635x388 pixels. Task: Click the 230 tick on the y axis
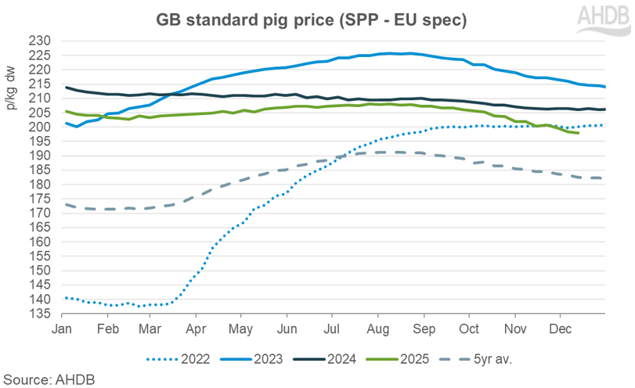pyautogui.click(x=41, y=41)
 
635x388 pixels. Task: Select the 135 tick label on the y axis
pyautogui.click(x=41, y=314)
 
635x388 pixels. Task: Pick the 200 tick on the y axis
pyautogui.click(x=41, y=127)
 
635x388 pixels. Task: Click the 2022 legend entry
pyautogui.click(x=184, y=359)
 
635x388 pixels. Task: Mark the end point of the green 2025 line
pyautogui.click(x=578, y=133)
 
